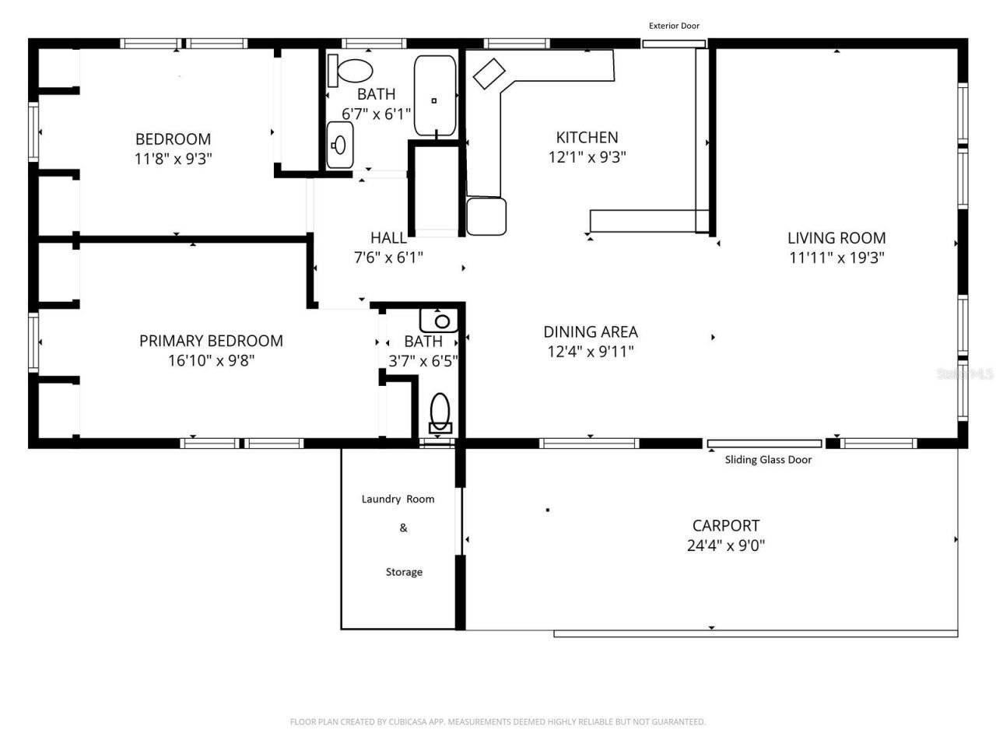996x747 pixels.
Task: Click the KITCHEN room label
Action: [x=587, y=138]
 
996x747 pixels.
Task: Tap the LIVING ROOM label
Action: [x=836, y=238]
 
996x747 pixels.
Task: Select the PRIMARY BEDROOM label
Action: [x=211, y=341]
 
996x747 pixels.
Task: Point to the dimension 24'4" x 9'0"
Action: [x=726, y=545]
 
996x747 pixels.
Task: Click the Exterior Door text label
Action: [x=674, y=26]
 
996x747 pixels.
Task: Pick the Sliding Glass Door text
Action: [x=768, y=460]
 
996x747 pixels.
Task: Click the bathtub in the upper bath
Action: [x=434, y=96]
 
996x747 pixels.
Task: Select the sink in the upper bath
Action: [x=339, y=145]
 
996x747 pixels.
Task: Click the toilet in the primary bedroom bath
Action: [x=440, y=412]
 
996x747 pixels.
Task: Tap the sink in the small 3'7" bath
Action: [x=440, y=320]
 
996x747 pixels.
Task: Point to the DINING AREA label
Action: [x=591, y=331]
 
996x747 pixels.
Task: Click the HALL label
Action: [x=388, y=238]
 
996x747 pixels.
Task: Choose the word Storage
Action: [x=404, y=572]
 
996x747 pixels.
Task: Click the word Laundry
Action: [x=381, y=499]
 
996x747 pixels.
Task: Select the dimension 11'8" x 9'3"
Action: [x=173, y=159]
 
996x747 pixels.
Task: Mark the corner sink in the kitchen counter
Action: [x=490, y=73]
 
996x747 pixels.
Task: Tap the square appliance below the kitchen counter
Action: [x=486, y=216]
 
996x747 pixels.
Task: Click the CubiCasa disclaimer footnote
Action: [x=498, y=722]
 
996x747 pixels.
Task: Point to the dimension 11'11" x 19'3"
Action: [x=836, y=258]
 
